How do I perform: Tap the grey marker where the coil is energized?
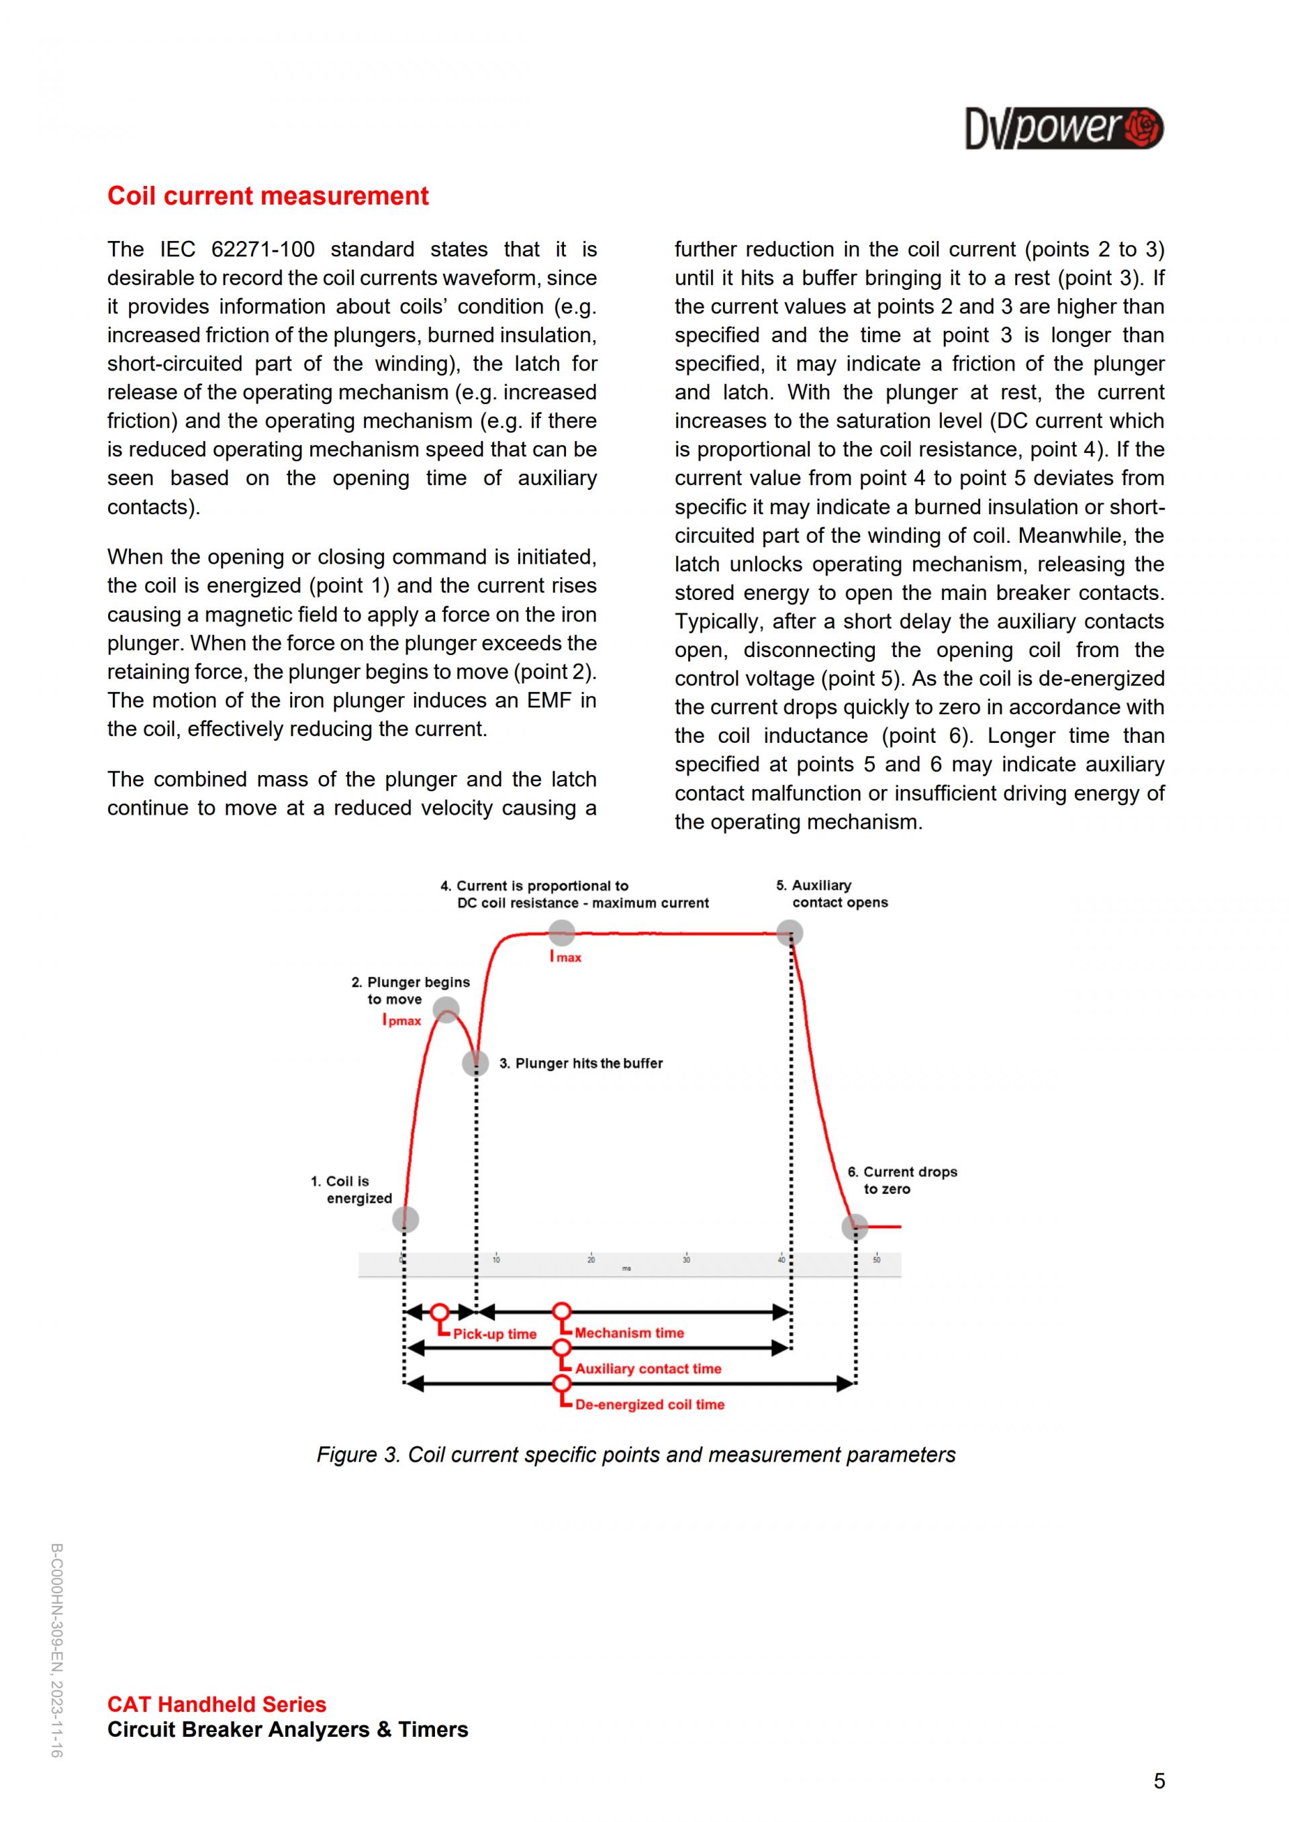[405, 1218]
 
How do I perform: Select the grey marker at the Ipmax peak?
[446, 1010]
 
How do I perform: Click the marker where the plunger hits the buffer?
[475, 1062]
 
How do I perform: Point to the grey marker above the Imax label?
[561, 932]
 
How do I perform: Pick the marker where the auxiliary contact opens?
[790, 932]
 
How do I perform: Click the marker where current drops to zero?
[855, 1227]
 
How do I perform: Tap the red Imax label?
[565, 957]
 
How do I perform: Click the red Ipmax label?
[401, 1021]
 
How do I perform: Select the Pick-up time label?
[495, 1334]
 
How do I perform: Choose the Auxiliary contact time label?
[649, 1369]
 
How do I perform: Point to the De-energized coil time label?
[650, 1405]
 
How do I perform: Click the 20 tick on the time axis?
[591, 1260]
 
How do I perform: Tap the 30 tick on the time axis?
[687, 1260]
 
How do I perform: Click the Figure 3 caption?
[636, 1455]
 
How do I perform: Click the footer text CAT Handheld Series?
[217, 1705]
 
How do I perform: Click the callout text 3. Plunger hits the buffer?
[581, 1064]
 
